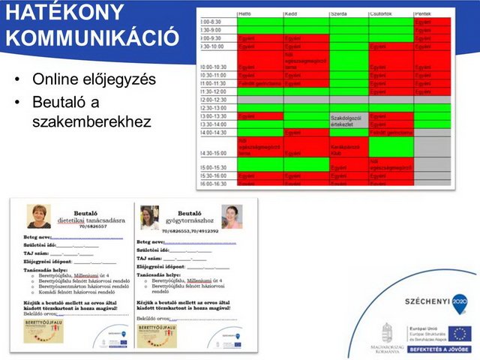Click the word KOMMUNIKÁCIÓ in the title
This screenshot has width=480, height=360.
(x=93, y=38)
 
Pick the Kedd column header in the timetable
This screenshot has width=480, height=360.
(x=292, y=13)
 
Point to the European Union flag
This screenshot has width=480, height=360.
(x=460, y=333)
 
